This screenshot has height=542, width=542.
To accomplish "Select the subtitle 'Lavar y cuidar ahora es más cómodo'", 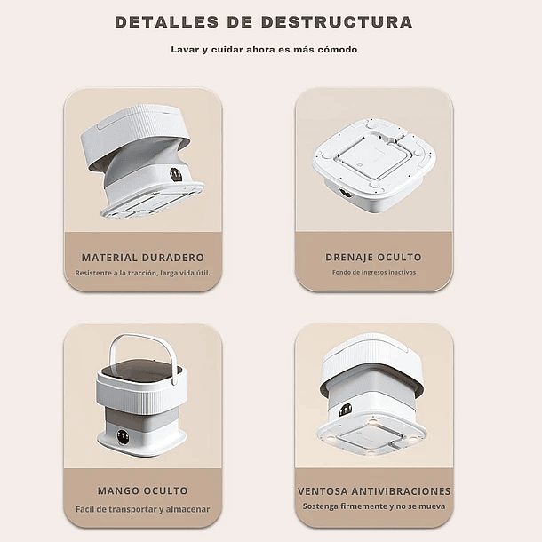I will click(x=264, y=50).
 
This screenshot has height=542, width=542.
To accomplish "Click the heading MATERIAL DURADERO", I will click(x=142, y=258).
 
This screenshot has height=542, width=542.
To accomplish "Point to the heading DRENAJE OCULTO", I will click(x=373, y=258).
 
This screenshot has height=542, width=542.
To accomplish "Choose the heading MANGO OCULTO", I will click(x=142, y=490).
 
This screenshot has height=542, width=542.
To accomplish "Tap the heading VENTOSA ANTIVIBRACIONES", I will click(x=374, y=490).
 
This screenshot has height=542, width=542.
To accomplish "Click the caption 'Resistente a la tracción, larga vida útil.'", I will click(x=142, y=273).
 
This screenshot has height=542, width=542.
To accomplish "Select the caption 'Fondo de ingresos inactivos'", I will click(x=373, y=273).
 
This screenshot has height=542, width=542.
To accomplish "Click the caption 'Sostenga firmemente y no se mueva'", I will click(x=374, y=506).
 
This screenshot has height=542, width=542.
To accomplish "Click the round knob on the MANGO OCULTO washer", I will click(x=123, y=436).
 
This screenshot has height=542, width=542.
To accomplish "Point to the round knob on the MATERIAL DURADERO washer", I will click(x=176, y=174).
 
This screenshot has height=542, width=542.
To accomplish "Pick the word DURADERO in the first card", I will click(x=173, y=258).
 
